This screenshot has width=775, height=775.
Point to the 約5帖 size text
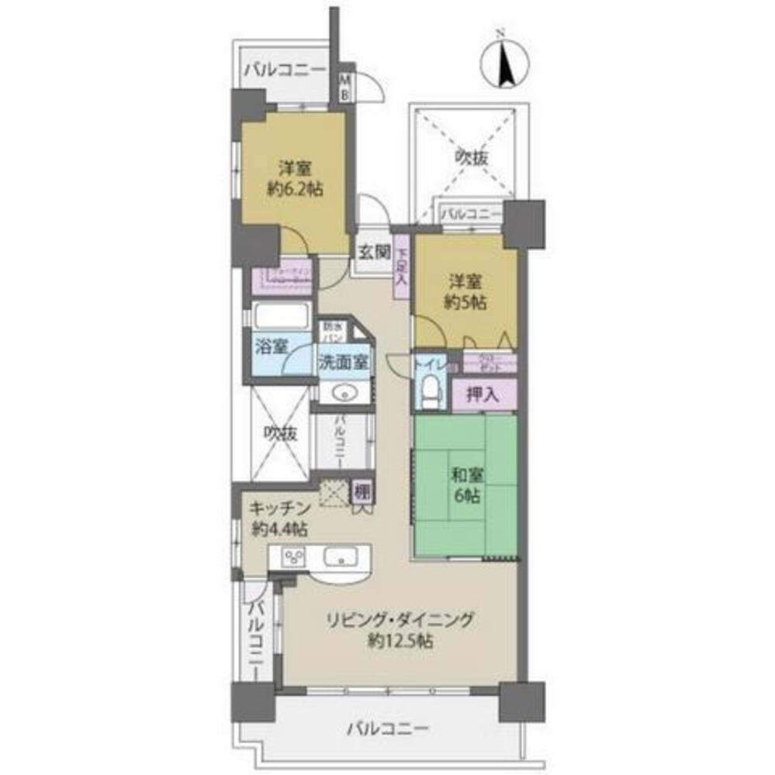(x=465, y=303)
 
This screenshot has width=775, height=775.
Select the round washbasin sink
(x=344, y=394)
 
